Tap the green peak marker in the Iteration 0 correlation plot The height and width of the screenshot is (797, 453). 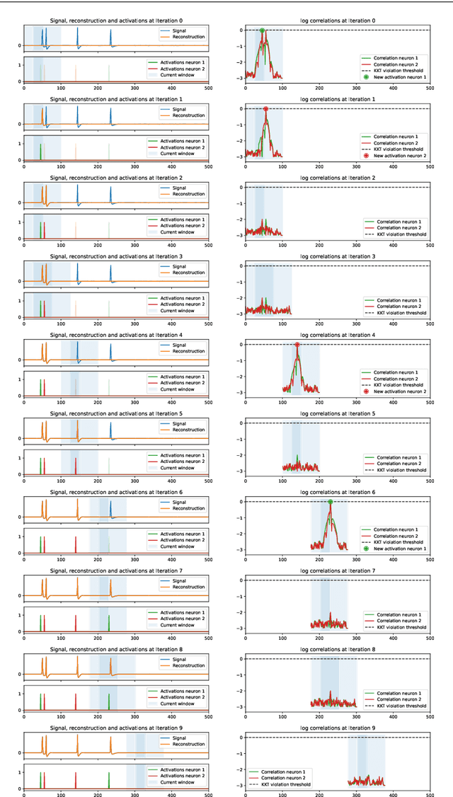(262, 30)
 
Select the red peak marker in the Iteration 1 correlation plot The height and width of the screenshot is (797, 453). (265, 109)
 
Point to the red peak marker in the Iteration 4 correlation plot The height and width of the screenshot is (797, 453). (297, 345)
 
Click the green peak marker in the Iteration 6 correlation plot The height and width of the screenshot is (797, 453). (331, 502)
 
